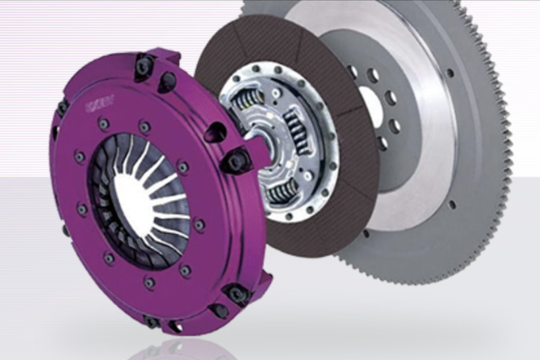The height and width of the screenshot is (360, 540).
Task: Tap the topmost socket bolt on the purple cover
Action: point(143,65)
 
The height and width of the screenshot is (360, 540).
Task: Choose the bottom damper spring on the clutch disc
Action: point(282,189)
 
